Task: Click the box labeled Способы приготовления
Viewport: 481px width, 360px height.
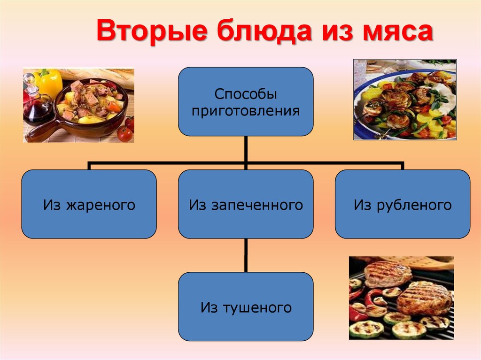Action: click(246, 101)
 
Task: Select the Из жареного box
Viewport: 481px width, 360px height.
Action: click(89, 204)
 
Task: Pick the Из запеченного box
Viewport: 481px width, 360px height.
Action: click(246, 204)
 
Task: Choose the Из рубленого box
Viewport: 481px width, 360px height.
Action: click(403, 204)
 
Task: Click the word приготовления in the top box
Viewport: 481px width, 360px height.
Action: click(246, 111)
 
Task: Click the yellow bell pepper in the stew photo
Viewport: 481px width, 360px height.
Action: click(49, 82)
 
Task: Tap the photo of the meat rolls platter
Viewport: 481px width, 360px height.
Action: click(404, 100)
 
